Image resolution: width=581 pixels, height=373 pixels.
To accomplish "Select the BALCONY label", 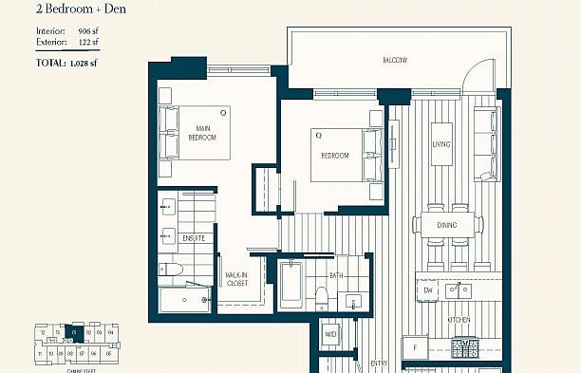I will click(x=395, y=61).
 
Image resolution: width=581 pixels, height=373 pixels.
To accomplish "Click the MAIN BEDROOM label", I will click(x=202, y=133).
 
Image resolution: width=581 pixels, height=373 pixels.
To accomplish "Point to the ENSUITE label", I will click(x=194, y=238).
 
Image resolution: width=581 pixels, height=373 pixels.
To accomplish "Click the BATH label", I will click(x=337, y=275).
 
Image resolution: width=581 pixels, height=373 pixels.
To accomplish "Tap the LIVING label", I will click(x=441, y=144).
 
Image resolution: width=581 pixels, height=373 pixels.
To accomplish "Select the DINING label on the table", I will click(x=446, y=225).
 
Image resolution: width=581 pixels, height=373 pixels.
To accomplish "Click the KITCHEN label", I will click(x=459, y=320).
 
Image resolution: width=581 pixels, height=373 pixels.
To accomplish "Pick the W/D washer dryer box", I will click(x=330, y=333).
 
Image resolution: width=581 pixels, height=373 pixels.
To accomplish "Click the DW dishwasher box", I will click(x=428, y=289).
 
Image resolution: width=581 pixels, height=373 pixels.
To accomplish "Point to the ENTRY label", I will click(x=379, y=363).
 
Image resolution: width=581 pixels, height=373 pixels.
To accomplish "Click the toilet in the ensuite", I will click(x=171, y=271).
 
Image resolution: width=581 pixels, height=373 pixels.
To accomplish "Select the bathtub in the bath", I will click(x=290, y=285).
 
